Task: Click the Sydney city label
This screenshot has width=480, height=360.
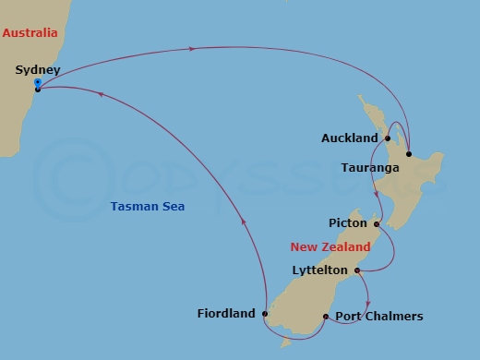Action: click(38, 69)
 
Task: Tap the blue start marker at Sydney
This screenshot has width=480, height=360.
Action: click(37, 83)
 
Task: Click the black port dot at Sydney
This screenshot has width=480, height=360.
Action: click(37, 90)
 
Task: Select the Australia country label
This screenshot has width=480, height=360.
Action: click(30, 33)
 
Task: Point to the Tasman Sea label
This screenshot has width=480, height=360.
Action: click(139, 207)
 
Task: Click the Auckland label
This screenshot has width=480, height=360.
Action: click(350, 138)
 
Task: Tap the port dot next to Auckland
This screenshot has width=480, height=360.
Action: click(388, 138)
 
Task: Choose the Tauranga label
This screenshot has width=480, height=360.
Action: click(370, 168)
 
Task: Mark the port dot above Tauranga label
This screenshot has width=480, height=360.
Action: click(408, 153)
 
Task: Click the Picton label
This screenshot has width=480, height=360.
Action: click(347, 223)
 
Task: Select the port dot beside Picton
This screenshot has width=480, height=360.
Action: click(377, 223)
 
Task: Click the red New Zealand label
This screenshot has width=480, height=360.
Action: click(330, 247)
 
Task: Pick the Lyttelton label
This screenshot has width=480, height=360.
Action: click(319, 270)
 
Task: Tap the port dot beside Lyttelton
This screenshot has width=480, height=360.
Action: click(356, 270)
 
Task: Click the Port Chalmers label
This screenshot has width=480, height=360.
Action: click(378, 317)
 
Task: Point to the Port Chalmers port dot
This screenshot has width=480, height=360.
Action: click(326, 317)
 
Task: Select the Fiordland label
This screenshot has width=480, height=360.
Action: click(226, 314)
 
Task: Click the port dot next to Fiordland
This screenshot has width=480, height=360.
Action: click(264, 314)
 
